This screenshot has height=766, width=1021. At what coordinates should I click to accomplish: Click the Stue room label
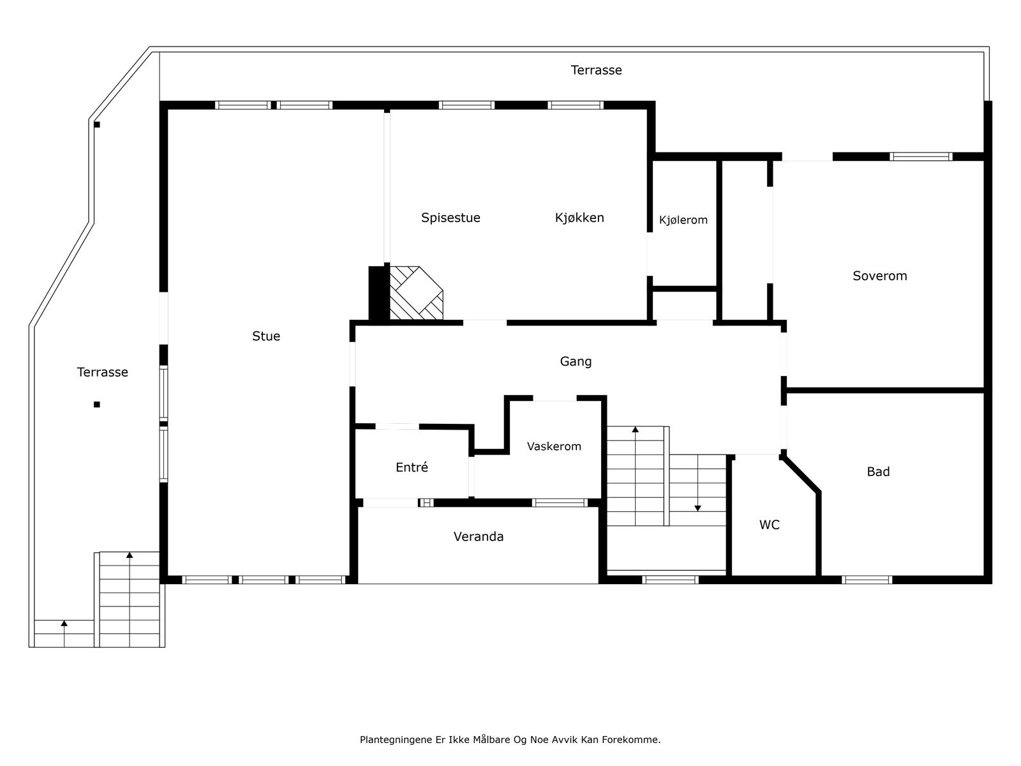[x=266, y=336]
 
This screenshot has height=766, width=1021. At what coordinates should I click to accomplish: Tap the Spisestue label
[x=451, y=218]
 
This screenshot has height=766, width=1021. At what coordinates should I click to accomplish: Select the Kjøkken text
[x=579, y=218]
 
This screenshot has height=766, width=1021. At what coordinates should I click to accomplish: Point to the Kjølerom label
[x=683, y=220]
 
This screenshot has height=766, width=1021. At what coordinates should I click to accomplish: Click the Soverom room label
[x=879, y=276]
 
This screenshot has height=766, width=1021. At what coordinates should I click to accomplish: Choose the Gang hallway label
[x=576, y=362]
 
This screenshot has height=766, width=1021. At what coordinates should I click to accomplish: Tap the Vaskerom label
[x=553, y=446]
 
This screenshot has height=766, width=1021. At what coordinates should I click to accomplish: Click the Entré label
[x=412, y=467]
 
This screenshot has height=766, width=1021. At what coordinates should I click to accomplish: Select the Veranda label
[x=478, y=537]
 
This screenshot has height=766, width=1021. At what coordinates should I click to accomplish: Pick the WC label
[x=770, y=525]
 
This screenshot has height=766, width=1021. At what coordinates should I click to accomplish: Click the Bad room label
[x=878, y=472]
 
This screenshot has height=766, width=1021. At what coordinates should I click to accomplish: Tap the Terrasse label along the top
[x=596, y=70]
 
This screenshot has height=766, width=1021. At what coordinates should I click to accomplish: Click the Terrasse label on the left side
[x=102, y=372]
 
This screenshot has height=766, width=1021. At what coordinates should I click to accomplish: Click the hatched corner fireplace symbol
[x=416, y=293]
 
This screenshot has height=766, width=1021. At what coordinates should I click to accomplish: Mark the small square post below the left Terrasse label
[x=97, y=405]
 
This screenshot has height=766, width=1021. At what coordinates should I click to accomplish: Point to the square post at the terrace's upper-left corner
[x=97, y=124]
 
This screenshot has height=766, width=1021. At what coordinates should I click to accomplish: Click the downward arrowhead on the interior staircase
[x=697, y=509]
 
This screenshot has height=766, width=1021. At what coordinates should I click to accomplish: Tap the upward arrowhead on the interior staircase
[x=636, y=430]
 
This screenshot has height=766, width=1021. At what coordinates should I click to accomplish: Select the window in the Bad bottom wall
[x=867, y=580]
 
